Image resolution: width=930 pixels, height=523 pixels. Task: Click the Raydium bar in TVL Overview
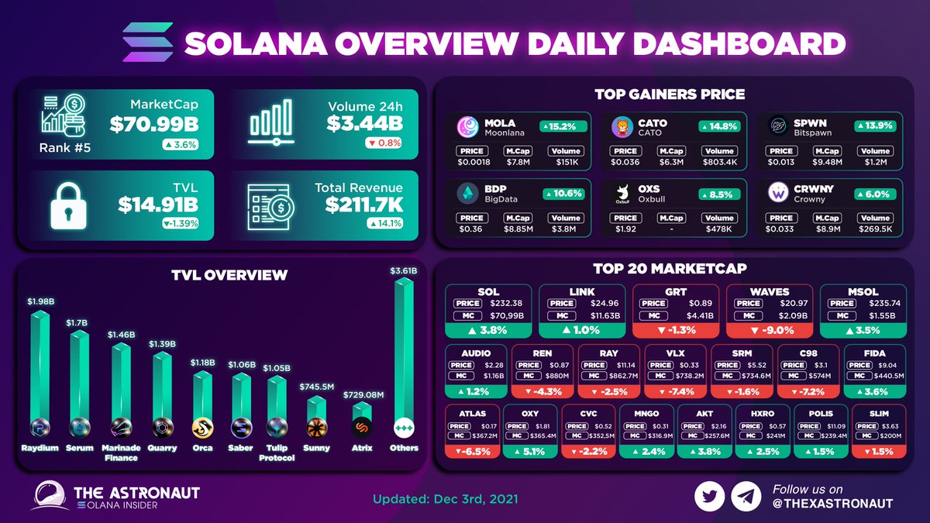coord(40,364)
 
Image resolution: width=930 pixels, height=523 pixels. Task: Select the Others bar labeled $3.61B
coord(404,349)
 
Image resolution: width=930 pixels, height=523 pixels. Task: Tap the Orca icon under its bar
coord(203,427)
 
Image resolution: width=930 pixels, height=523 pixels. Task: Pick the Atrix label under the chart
coord(361,448)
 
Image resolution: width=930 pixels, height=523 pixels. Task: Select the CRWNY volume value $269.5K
coord(875,229)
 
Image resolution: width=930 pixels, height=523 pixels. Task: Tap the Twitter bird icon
coord(709,497)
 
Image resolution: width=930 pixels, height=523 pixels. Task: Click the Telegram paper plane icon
coord(746,497)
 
